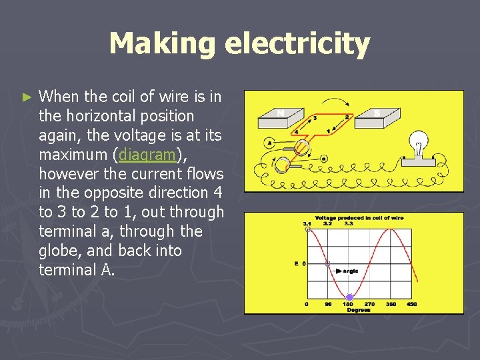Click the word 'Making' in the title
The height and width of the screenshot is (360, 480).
[162, 44]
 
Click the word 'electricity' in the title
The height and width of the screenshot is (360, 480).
[297, 44]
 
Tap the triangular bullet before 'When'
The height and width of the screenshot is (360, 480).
[27, 97]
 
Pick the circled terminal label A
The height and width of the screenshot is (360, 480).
[270, 142]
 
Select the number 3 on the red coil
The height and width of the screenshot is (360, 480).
[314, 118]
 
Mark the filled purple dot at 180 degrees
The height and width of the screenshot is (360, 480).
[349, 297]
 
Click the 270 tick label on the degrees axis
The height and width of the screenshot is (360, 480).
[370, 304]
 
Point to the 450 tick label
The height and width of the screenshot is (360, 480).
[411, 304]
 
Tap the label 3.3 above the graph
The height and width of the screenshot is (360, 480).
[349, 223]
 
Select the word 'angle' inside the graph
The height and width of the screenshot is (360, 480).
[351, 271]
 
